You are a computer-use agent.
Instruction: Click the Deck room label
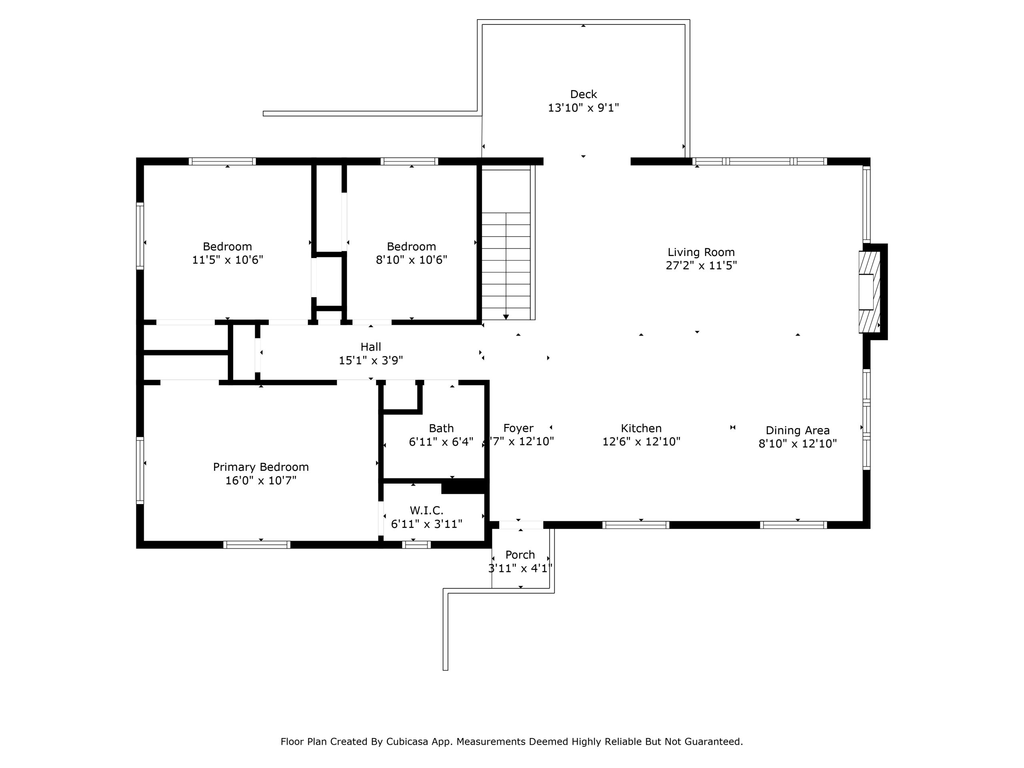pos(583,94)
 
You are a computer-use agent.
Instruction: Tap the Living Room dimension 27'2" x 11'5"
pos(701,266)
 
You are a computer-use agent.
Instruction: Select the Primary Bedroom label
pos(261,467)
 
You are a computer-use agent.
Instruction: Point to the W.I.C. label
pos(426,511)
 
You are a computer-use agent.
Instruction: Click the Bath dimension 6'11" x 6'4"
pos(441,442)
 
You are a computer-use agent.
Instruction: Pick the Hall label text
pos(371,347)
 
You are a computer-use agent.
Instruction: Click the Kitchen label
pos(641,428)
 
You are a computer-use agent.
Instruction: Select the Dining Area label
pos(798,430)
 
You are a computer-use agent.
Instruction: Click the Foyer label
pos(518,428)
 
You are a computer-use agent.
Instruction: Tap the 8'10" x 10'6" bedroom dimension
pos(411,260)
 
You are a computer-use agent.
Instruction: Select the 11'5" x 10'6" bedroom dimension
pos(227,260)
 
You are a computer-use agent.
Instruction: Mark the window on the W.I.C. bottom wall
pos(416,545)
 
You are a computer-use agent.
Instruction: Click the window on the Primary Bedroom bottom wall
pos(257,545)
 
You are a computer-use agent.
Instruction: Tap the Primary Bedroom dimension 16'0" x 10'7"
pos(261,480)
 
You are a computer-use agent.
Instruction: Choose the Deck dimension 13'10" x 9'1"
pos(583,108)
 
